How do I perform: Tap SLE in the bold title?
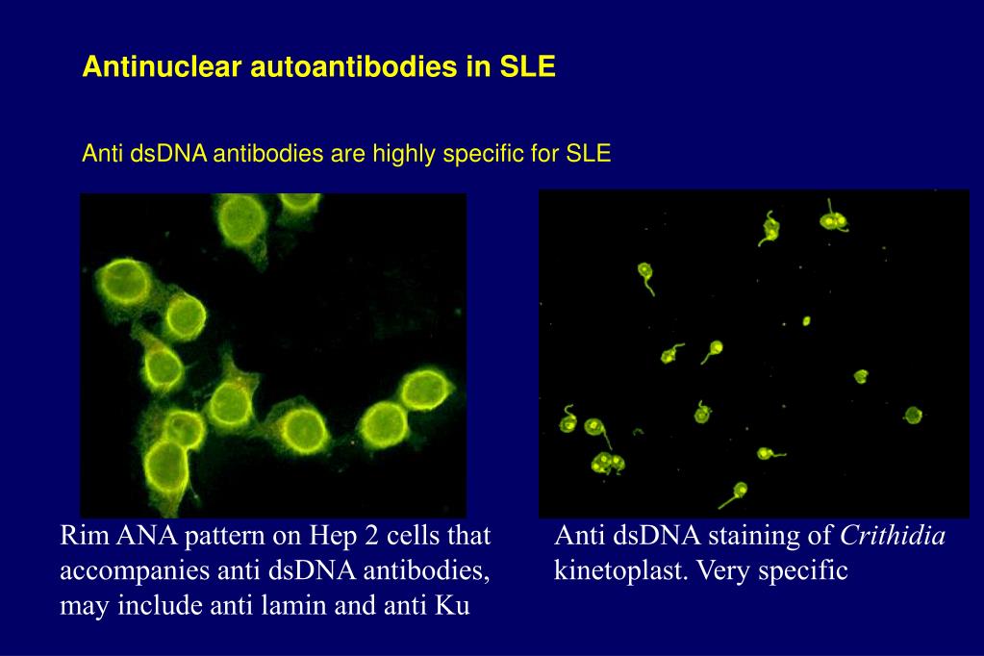click(x=527, y=67)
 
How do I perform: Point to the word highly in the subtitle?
click(x=396, y=153)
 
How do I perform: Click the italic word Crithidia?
click(x=894, y=536)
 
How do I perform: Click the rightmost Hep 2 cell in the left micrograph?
click(x=422, y=389)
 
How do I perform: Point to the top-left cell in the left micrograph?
click(x=121, y=281)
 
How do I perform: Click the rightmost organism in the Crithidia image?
click(x=912, y=416)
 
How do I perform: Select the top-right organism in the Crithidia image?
click(x=833, y=220)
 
